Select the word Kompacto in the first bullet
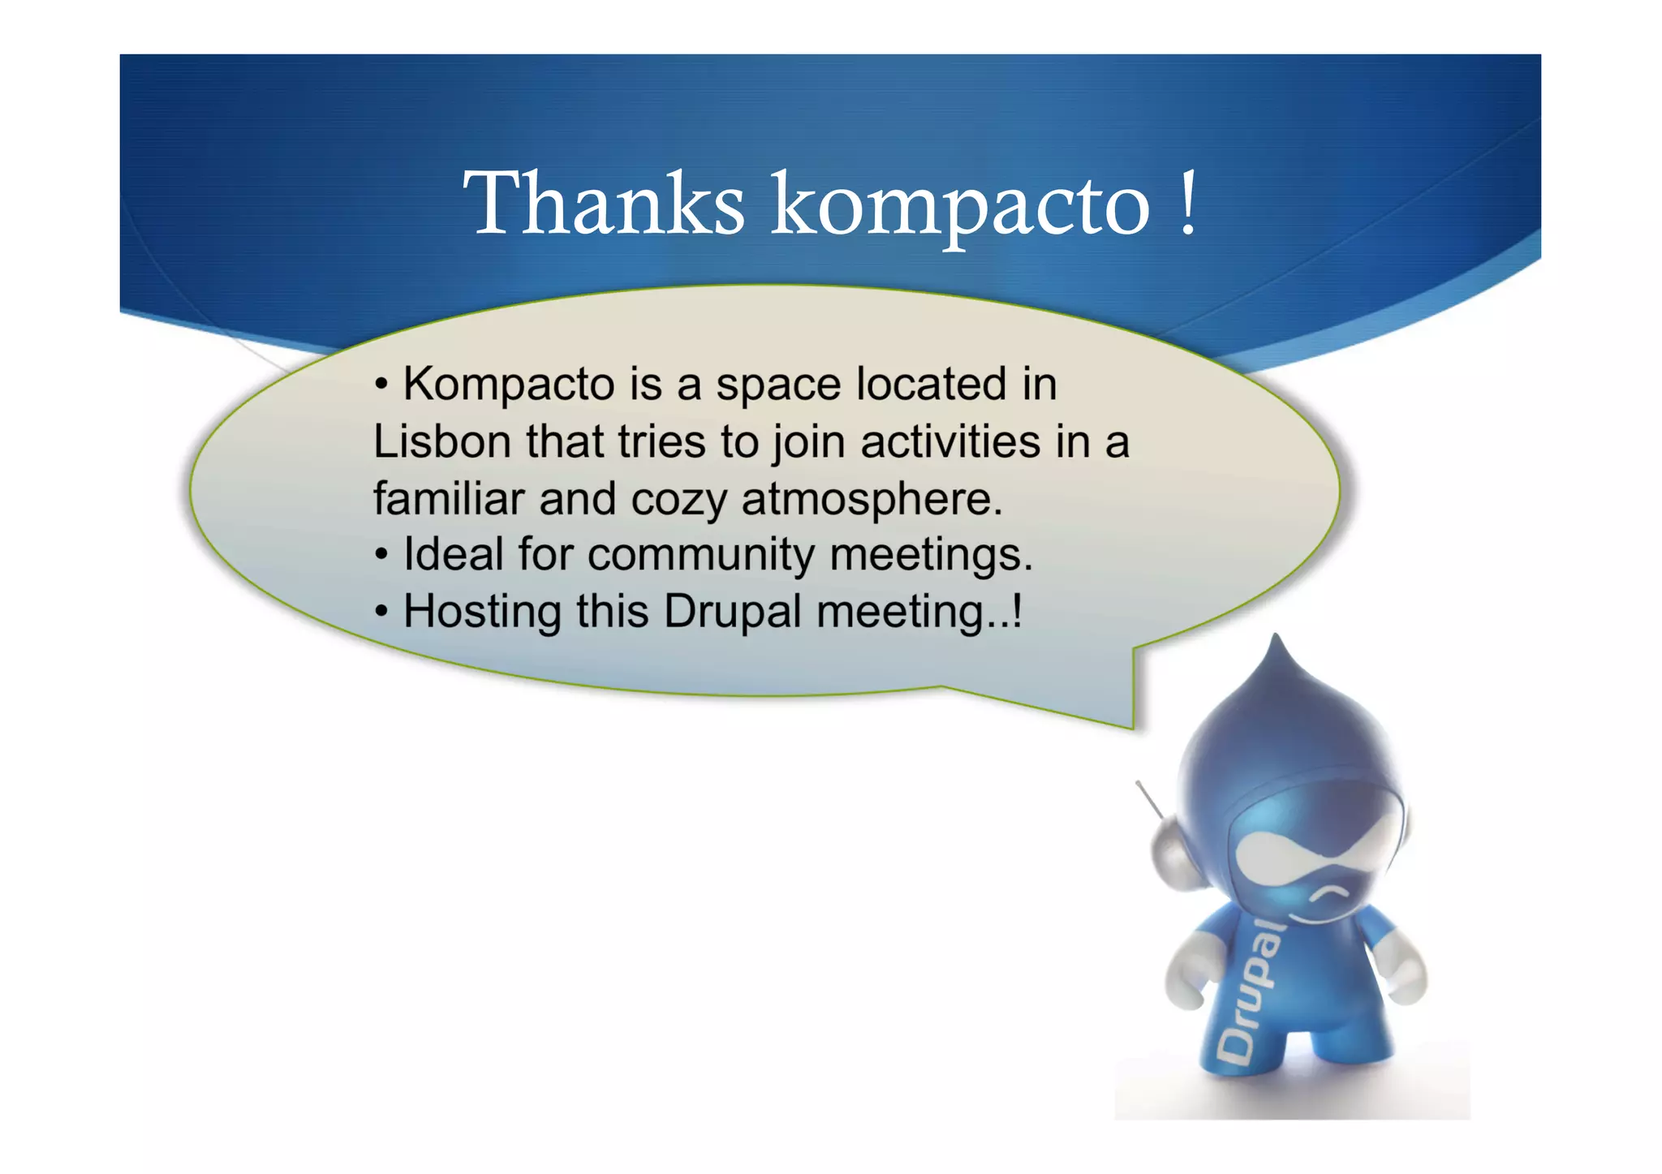(x=509, y=384)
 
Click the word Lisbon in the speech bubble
(x=441, y=442)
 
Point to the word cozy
(x=678, y=499)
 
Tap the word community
(x=701, y=557)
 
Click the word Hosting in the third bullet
(x=482, y=612)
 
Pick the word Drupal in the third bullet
(x=733, y=613)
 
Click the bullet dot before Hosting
(x=381, y=613)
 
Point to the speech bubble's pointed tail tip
(x=1132, y=726)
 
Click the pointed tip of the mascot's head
(x=1277, y=638)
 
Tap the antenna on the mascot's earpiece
(x=1148, y=800)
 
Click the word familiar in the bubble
(x=449, y=499)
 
